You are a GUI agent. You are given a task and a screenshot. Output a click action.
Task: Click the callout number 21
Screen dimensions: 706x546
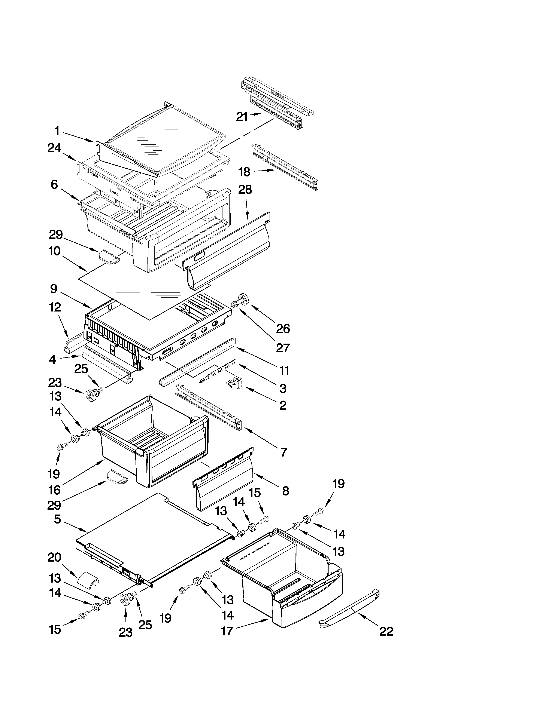pyautogui.click(x=242, y=117)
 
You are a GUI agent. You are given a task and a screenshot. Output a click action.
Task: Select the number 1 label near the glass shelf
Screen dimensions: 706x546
pyautogui.click(x=57, y=131)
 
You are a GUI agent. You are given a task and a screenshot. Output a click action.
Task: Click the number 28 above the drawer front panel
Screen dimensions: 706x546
pyautogui.click(x=245, y=190)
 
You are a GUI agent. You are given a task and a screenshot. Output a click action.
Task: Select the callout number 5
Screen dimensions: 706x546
pyautogui.click(x=57, y=519)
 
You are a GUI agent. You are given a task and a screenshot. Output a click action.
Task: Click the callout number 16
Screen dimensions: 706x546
pyautogui.click(x=54, y=490)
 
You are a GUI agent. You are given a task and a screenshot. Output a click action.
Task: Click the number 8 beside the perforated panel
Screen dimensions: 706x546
pyautogui.click(x=285, y=491)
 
